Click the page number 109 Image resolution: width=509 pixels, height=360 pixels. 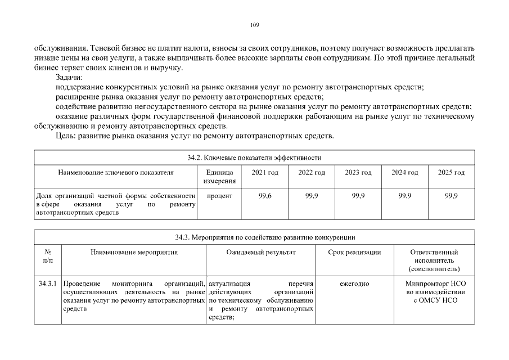click(254, 25)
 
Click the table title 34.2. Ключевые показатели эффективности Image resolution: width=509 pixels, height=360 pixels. click(254, 157)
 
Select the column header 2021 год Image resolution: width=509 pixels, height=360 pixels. click(264, 172)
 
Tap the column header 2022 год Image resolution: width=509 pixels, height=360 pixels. click(311, 172)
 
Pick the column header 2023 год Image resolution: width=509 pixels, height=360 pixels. click(358, 172)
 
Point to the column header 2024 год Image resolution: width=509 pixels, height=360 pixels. click(404, 172)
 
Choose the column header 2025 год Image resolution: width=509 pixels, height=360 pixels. click(451, 172)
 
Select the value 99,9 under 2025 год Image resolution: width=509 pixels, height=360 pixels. click(451, 196)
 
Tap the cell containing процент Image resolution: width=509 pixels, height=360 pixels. click(219, 196)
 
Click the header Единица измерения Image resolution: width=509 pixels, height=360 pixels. click(219, 177)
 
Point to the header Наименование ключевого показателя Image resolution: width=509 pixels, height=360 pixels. click(116, 172)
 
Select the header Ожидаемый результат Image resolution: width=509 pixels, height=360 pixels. click(260, 252)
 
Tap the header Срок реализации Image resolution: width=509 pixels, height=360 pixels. click(354, 252)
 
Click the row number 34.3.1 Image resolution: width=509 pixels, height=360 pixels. click(48, 283)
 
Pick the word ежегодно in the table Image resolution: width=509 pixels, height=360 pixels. click(354, 283)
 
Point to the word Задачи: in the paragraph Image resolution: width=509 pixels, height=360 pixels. click(69, 78)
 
